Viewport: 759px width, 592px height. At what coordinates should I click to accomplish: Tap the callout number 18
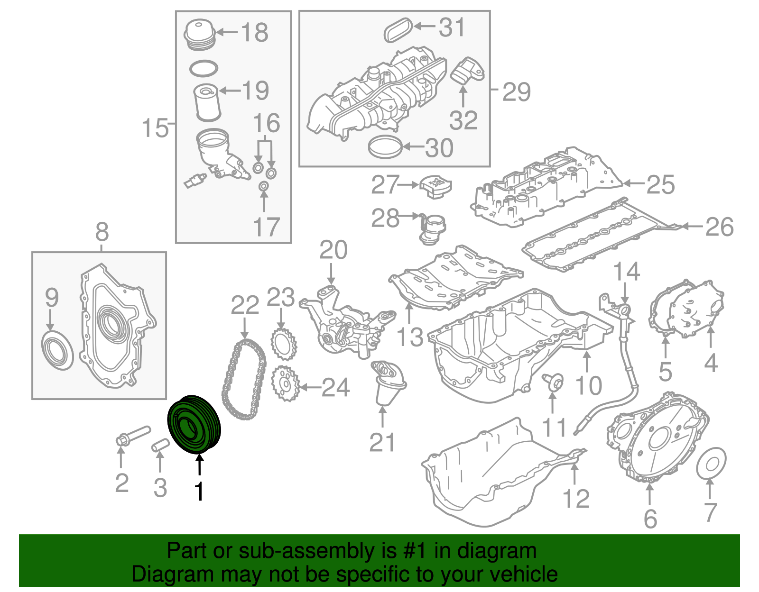pyautogui.click(x=255, y=33)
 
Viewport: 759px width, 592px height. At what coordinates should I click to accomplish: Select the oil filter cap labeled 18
pyautogui.click(x=199, y=34)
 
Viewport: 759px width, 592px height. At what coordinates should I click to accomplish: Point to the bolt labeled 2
pyautogui.click(x=132, y=435)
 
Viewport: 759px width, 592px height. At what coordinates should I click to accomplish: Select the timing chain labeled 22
pyautogui.click(x=243, y=379)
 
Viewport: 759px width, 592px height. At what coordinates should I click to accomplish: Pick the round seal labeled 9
pyautogui.click(x=57, y=351)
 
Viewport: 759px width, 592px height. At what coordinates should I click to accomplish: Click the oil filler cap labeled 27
pyautogui.click(x=435, y=186)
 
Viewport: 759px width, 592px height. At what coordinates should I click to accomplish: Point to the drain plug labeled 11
pyautogui.click(x=553, y=380)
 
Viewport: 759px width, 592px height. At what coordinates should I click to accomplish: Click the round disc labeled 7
pyautogui.click(x=711, y=462)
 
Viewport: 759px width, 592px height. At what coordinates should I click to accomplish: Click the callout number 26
pyautogui.click(x=720, y=227)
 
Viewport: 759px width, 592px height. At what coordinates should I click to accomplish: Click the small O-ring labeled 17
pyautogui.click(x=264, y=187)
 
